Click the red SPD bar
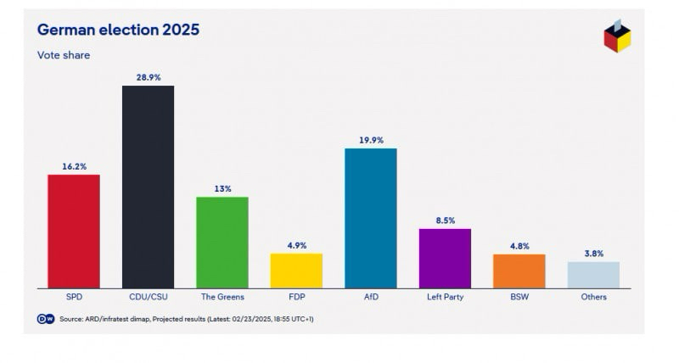click(x=73, y=231)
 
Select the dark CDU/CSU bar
click(x=148, y=187)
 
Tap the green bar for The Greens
click(x=222, y=243)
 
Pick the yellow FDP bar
click(x=296, y=271)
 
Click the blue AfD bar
click(x=371, y=218)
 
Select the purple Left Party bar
click(x=445, y=258)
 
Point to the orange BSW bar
click(x=519, y=271)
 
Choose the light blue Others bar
click(x=593, y=274)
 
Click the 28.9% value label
click(x=148, y=76)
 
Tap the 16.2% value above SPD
click(x=73, y=166)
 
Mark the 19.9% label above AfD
click(x=371, y=140)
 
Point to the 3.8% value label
click(x=593, y=253)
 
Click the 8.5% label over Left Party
click(x=445, y=220)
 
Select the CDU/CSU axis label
click(x=148, y=298)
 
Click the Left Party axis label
click(x=445, y=298)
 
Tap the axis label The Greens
click(x=222, y=298)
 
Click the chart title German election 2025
click(x=118, y=30)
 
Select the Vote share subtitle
click(x=64, y=55)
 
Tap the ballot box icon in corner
click(x=617, y=36)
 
